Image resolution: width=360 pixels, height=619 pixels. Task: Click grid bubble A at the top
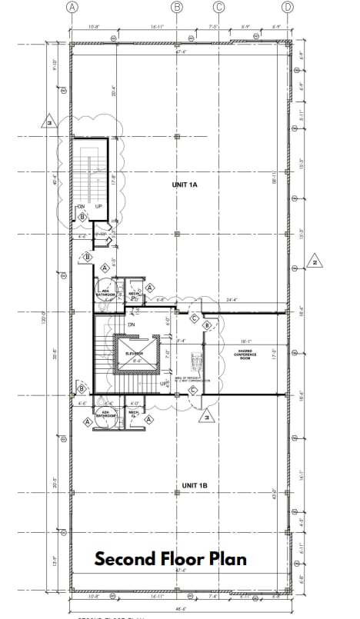click(x=72, y=7)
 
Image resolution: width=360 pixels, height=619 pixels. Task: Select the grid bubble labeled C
click(x=218, y=7)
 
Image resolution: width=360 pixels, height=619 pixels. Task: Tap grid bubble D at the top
click(x=288, y=7)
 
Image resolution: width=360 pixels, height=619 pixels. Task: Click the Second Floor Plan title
click(x=171, y=559)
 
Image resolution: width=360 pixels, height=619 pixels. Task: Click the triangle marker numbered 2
click(x=315, y=261)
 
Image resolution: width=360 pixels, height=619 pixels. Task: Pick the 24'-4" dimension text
click(x=232, y=300)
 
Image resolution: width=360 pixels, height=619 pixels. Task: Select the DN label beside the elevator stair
click(x=132, y=324)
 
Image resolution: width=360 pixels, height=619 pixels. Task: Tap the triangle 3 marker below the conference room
click(x=205, y=418)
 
